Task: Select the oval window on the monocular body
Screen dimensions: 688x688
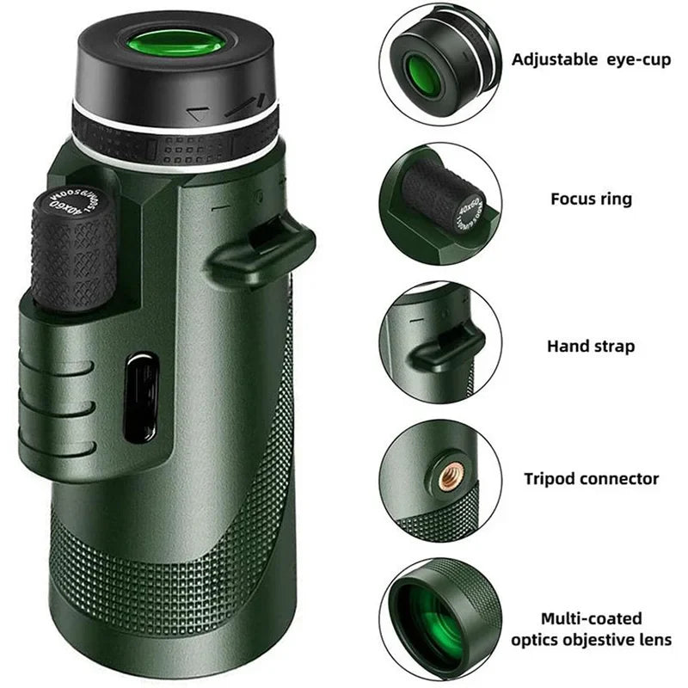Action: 141,398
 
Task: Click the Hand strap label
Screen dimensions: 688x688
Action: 591,347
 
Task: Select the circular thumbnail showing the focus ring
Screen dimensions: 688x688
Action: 439,203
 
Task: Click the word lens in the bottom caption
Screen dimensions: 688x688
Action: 656,640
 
